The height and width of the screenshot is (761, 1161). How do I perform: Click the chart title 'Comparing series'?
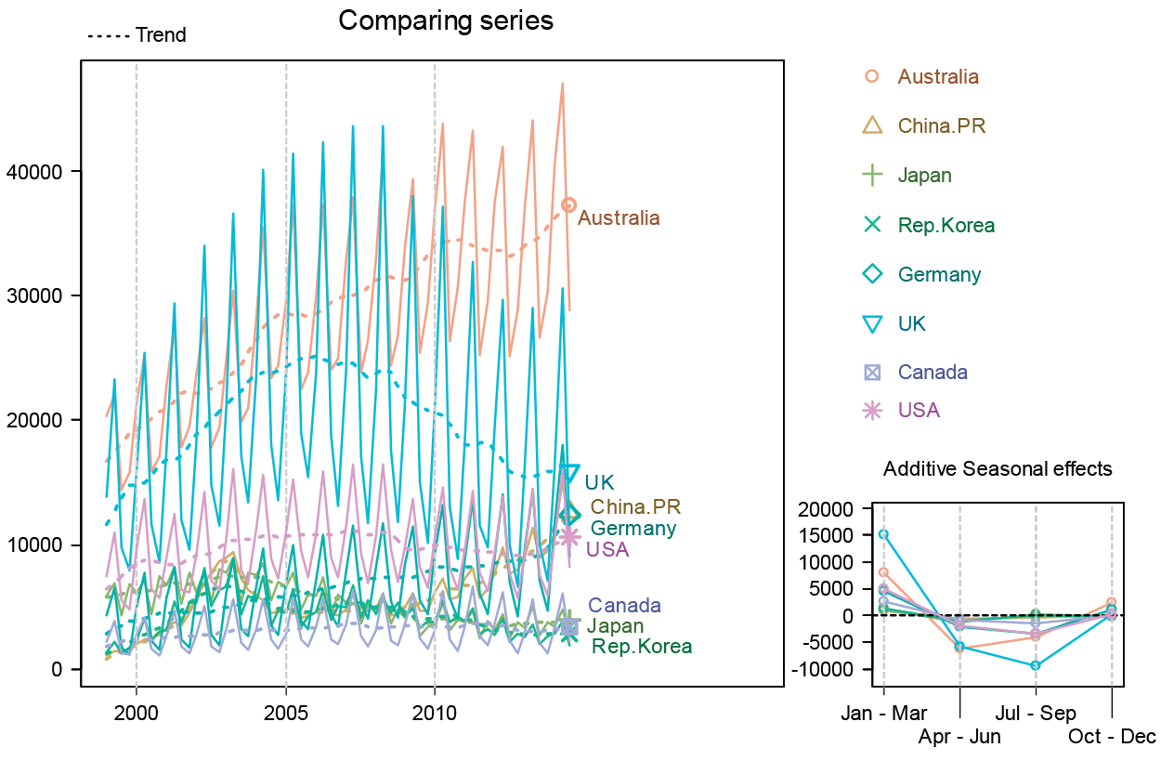(446, 20)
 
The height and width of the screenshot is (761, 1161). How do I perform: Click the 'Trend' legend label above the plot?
(161, 35)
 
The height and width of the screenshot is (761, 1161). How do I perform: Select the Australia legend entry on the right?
(937, 76)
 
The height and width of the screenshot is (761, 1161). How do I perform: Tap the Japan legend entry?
(924, 175)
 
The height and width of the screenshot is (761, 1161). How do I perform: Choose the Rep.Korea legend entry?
(946, 225)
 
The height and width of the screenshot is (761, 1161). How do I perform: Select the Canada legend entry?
(933, 373)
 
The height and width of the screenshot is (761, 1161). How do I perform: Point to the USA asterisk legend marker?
(871, 410)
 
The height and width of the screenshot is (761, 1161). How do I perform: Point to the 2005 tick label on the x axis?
(285, 714)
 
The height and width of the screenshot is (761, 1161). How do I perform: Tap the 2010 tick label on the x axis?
(435, 714)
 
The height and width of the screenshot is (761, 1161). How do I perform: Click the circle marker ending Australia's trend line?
(568, 204)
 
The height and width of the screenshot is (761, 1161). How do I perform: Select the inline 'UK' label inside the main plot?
(599, 481)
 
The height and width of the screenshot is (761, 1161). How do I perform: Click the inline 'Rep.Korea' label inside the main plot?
(641, 646)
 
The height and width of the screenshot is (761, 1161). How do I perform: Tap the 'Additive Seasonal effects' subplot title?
(998, 468)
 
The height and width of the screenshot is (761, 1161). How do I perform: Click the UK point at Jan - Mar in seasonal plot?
(883, 534)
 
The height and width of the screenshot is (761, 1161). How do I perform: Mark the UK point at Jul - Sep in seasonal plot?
(1036, 665)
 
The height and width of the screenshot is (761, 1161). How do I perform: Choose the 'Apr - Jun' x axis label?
(959, 737)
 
